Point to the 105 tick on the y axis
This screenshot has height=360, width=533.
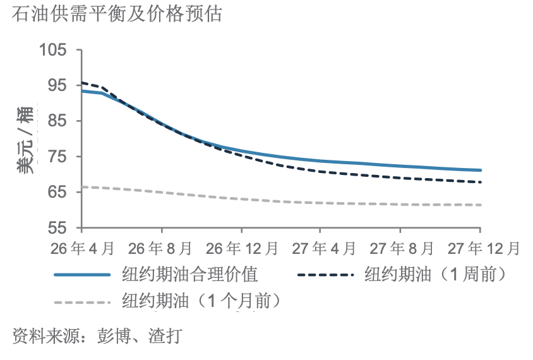tap(57, 49)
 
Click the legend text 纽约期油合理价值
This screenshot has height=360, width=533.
tap(190, 275)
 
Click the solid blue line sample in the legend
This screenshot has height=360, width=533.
tap(83, 275)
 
